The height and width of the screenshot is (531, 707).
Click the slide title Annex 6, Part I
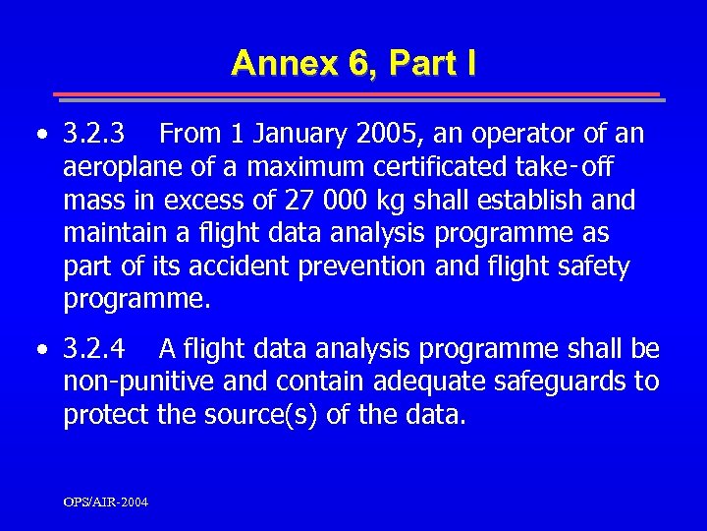[353, 63]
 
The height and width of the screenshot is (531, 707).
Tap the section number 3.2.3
[94, 132]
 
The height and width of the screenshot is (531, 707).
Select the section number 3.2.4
[94, 348]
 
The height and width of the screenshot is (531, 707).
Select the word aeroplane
[117, 166]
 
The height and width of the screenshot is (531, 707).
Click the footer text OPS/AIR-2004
[106, 502]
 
